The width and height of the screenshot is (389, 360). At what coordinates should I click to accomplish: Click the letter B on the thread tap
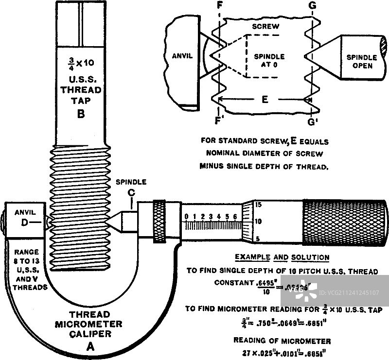point(81,115)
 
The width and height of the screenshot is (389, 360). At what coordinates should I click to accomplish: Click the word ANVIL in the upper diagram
point(182,56)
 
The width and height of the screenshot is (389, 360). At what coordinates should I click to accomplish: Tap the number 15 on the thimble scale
point(259,205)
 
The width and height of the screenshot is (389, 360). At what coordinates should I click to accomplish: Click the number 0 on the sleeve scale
point(186,216)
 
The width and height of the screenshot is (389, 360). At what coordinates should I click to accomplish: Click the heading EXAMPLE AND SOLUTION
point(282,257)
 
